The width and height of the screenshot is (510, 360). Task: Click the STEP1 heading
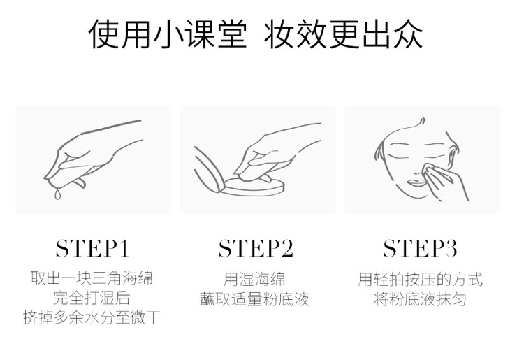coord(92,249)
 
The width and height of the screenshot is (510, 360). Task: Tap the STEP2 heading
coord(256,249)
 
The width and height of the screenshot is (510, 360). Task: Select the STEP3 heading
coord(420,249)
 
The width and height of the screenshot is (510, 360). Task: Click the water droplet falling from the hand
coord(57,194)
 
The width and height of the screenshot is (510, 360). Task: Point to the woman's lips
coord(416,182)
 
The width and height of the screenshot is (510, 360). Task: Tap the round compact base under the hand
coord(253,187)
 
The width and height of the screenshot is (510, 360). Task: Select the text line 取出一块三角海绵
coord(92,278)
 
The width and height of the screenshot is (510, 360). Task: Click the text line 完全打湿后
coord(92,298)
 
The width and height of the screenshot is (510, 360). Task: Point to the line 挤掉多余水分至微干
coord(92,317)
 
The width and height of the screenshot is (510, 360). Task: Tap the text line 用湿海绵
coord(254,280)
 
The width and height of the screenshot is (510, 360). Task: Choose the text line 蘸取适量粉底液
coord(254,298)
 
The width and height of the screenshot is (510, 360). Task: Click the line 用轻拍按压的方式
coord(420,280)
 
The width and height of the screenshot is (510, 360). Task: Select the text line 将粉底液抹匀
coord(420,298)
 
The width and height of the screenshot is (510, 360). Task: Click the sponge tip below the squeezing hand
coord(80,182)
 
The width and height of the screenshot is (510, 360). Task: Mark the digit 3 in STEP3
coord(451,249)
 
